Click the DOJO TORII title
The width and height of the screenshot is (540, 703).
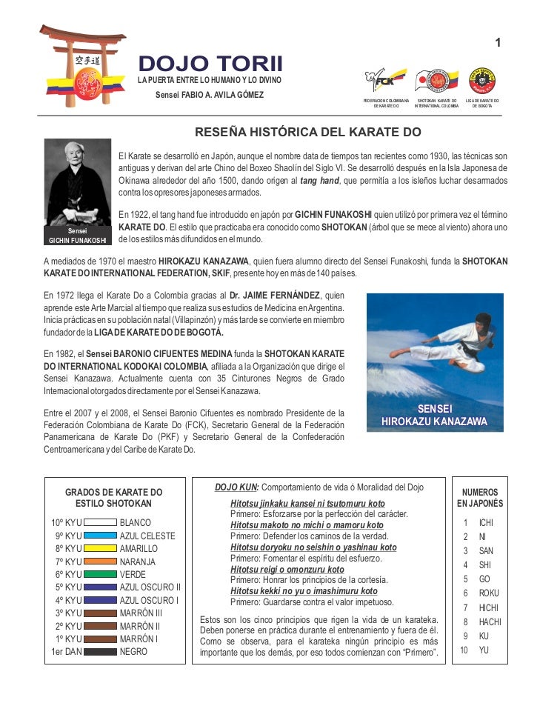[210, 64]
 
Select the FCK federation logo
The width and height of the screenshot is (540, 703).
[385, 80]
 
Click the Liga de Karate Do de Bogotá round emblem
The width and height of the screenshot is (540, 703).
[481, 80]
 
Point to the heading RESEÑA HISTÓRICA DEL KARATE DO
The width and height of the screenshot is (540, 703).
[307, 133]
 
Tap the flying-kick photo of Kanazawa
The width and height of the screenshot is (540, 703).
[435, 348]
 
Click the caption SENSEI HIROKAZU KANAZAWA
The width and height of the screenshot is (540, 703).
[435, 416]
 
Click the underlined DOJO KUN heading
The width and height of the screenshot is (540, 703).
[236, 487]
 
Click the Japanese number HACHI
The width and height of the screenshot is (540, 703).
[490, 622]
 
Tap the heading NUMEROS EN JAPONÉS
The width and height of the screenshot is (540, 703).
[480, 498]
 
